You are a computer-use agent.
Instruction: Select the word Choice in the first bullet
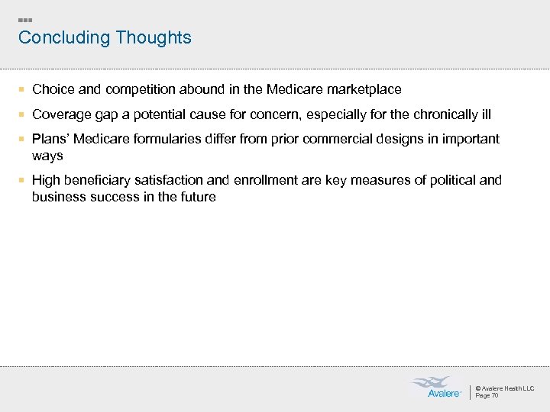53,89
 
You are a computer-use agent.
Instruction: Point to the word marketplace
364,89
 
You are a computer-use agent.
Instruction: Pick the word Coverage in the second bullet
61,114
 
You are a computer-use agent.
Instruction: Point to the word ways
47,156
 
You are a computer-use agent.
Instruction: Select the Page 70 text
487,395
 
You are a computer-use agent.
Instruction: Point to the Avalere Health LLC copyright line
504,388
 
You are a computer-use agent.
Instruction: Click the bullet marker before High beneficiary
24,180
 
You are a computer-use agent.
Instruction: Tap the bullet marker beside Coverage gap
24,114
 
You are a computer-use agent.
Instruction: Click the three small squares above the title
24,20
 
